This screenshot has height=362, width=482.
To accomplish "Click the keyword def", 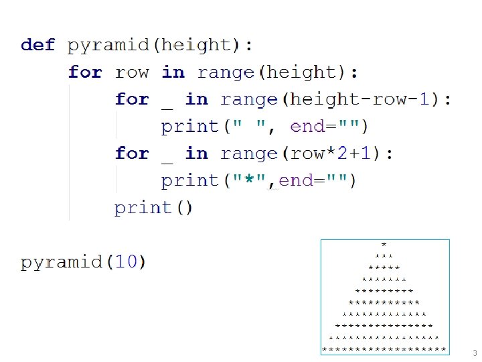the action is pos(37,45).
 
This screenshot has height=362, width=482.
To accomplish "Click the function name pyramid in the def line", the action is pos(109,46).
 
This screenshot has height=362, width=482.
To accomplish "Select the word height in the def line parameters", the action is pos(196,46).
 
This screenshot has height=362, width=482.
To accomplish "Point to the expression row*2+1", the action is pos(331,154).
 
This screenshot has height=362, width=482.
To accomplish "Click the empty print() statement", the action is pos(153,208).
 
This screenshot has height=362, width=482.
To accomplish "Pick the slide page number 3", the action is pos(474,353).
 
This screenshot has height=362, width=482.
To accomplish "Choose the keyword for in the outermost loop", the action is pos(85,72).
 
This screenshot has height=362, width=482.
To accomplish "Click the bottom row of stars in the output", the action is pos(384,349).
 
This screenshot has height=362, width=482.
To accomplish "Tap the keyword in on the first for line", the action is pos(173,72).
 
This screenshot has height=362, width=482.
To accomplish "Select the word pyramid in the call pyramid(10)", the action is pos(62,262).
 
